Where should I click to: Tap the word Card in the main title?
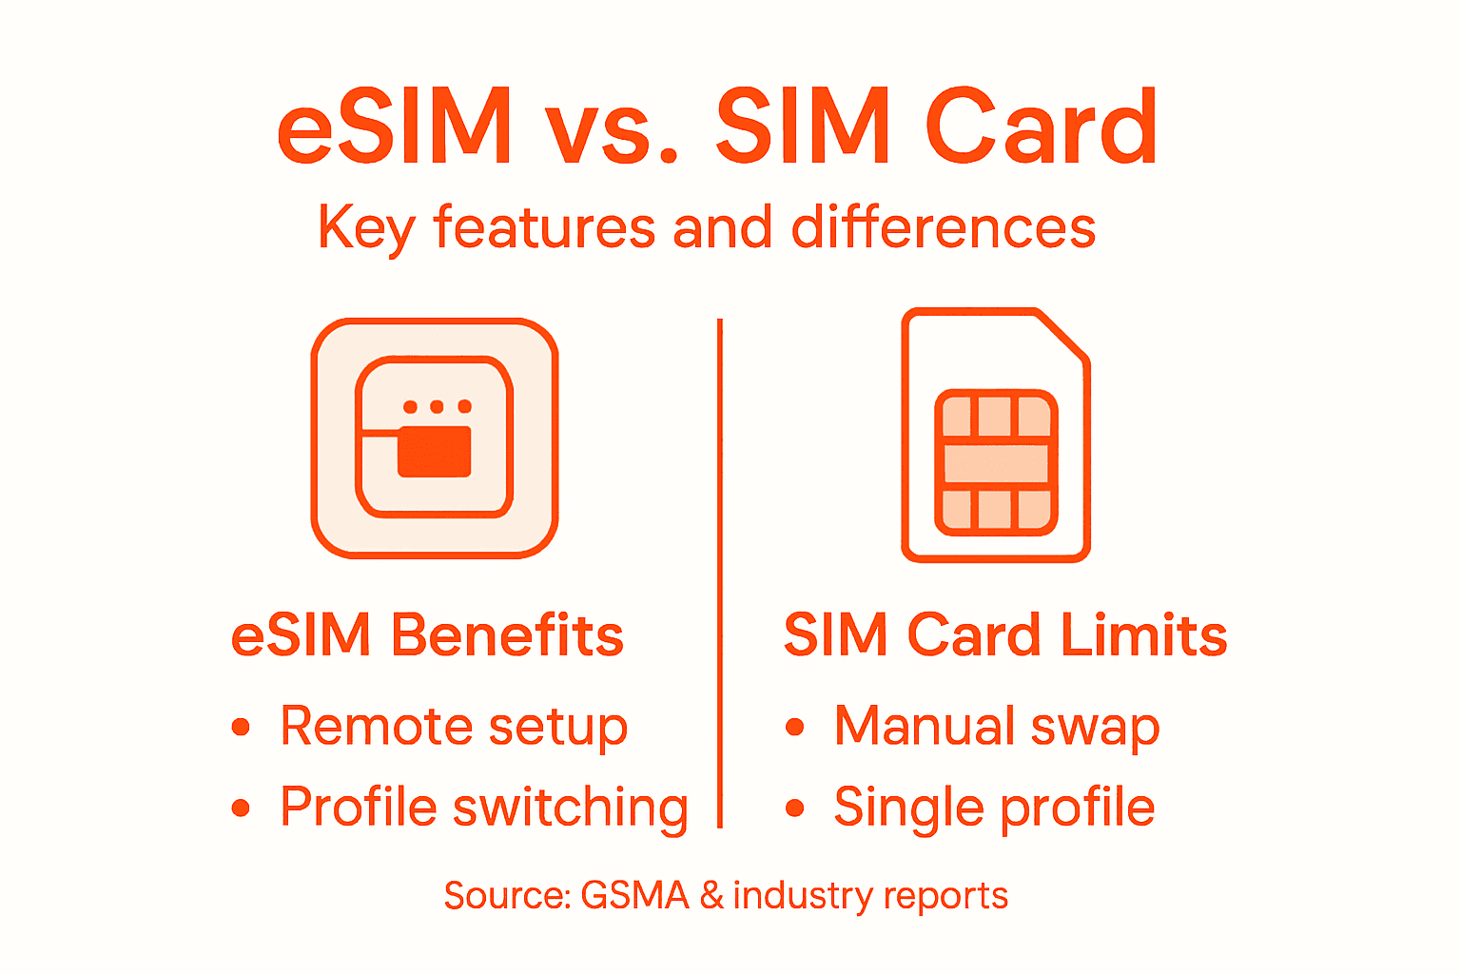pos(1042,127)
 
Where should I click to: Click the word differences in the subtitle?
pos(944,228)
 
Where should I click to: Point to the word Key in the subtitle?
pos(366,228)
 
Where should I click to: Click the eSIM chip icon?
pos(435,438)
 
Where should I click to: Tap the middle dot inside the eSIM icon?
pos(437,407)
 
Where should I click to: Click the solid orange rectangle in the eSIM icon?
pos(435,452)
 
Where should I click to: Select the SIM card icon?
pos(995,435)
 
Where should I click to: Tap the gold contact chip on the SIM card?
pos(996,462)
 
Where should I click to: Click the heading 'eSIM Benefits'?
pos(427,635)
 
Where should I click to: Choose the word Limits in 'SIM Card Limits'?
pos(1144,635)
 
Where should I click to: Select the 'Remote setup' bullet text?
pos(454,728)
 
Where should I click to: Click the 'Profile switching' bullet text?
pos(484,808)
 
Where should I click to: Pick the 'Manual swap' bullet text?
pos(997,728)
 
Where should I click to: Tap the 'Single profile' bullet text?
pos(994,808)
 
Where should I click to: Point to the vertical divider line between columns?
pos(720,571)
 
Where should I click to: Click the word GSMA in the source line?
pos(634,896)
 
